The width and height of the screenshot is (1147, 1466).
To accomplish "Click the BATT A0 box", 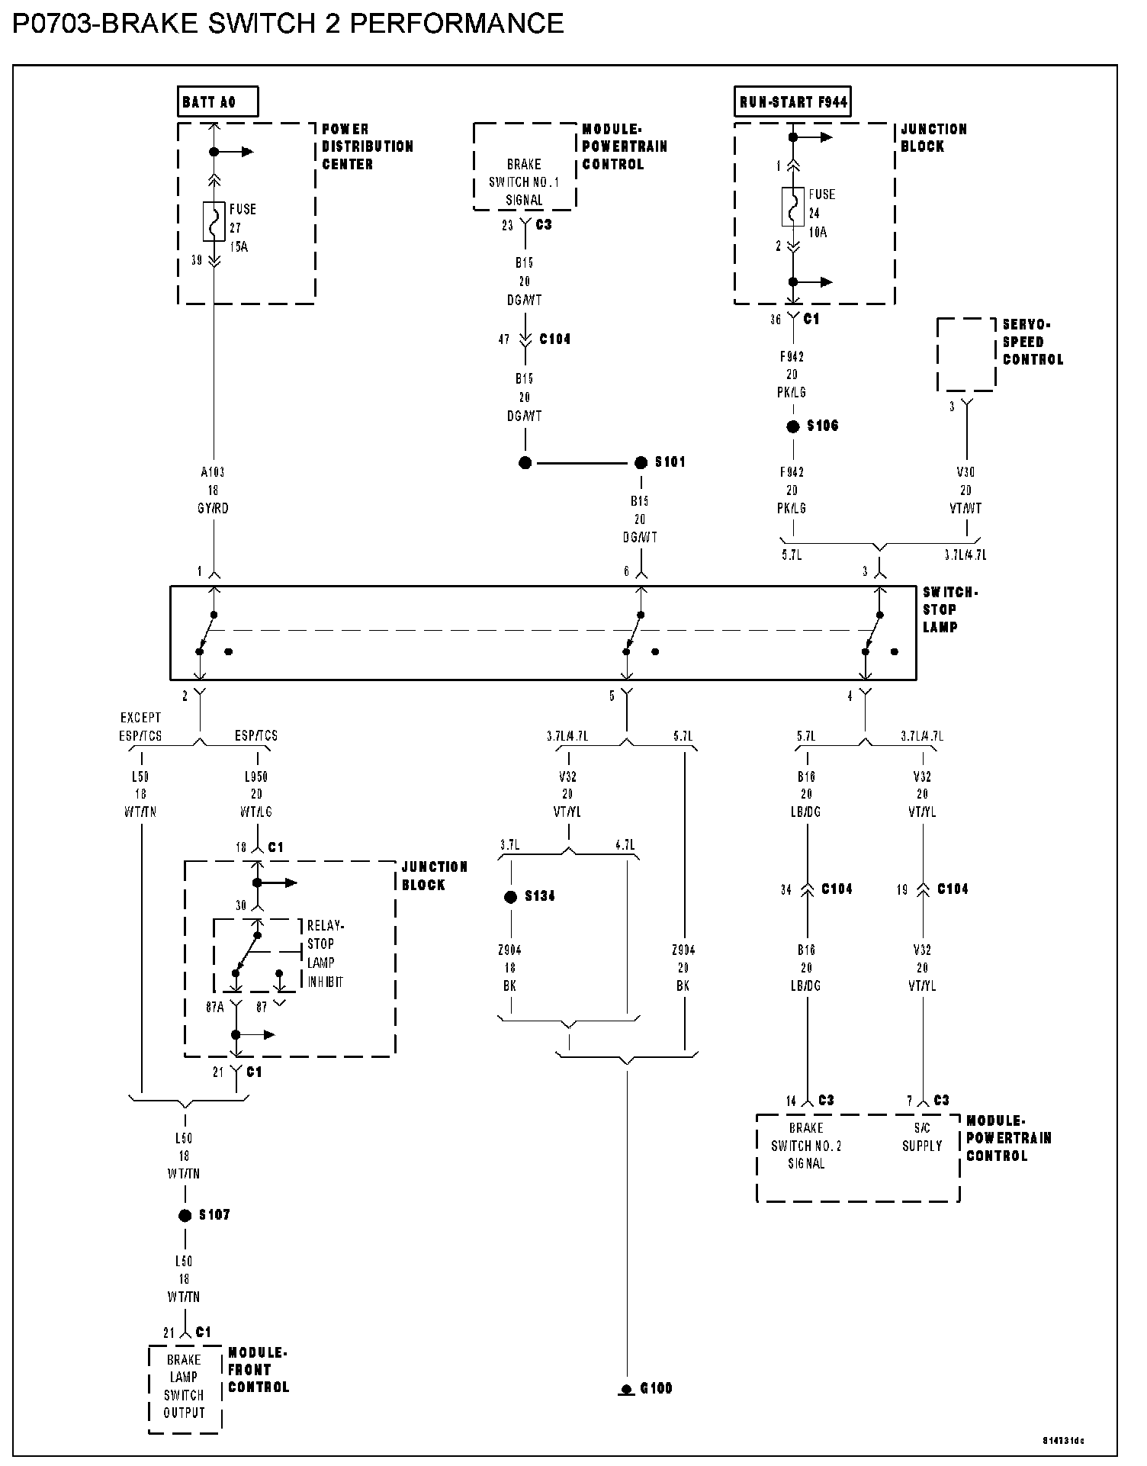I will pos(218,101).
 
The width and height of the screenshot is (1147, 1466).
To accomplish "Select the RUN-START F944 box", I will pos(793,101).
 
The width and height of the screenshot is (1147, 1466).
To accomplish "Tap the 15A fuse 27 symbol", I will pos(214,221).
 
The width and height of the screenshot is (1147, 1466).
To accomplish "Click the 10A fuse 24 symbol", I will pos(793,207).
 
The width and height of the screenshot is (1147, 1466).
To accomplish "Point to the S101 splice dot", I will pos(641,462).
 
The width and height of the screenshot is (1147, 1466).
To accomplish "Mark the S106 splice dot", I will pos(793,426).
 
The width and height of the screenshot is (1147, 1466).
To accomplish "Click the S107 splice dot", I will pos(185,1215).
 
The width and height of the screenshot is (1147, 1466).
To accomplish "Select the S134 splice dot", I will pos(511,897).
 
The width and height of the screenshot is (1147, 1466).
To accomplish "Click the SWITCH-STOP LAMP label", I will pos(949,609).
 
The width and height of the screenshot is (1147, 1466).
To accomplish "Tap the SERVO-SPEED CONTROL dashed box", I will pos(966,355).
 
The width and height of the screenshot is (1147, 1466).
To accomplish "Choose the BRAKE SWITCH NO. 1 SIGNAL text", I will pos(524,182).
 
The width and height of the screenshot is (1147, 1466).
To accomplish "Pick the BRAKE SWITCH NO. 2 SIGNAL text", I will pos(806,1146).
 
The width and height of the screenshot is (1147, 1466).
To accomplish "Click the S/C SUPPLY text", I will pos(922,1136).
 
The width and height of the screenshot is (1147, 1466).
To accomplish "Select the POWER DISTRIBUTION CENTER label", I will pos(367,146).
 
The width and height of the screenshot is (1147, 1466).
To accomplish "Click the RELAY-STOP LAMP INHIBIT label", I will pos(326,953).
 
